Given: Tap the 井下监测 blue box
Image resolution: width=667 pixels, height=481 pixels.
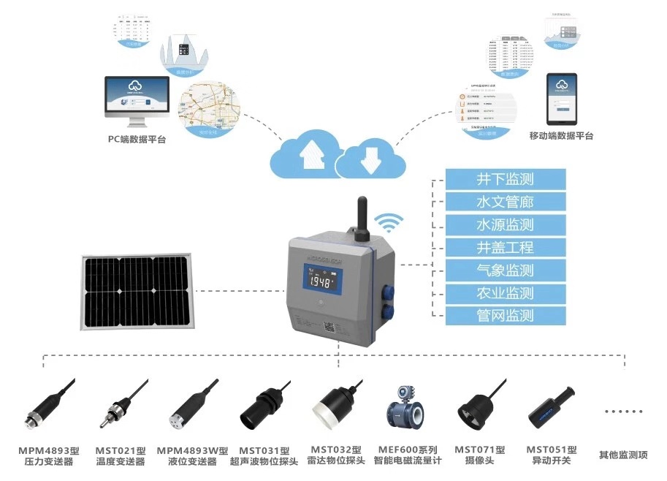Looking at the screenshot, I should pyautogui.click(x=506, y=179).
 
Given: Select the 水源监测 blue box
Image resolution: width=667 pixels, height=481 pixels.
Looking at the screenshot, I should pyautogui.click(x=506, y=224).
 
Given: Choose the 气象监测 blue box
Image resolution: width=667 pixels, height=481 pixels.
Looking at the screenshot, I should pyautogui.click(x=506, y=270).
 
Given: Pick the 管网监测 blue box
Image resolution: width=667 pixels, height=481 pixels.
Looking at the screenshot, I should pyautogui.click(x=506, y=316).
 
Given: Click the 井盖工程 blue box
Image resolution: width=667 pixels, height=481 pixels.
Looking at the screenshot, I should pyautogui.click(x=506, y=248).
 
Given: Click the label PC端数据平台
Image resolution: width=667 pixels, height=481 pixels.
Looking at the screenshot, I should pyautogui.click(x=137, y=139).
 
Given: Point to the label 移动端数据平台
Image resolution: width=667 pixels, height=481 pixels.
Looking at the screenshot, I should pyautogui.click(x=561, y=136).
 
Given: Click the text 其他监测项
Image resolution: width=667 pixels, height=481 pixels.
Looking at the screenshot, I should pyautogui.click(x=623, y=455).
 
